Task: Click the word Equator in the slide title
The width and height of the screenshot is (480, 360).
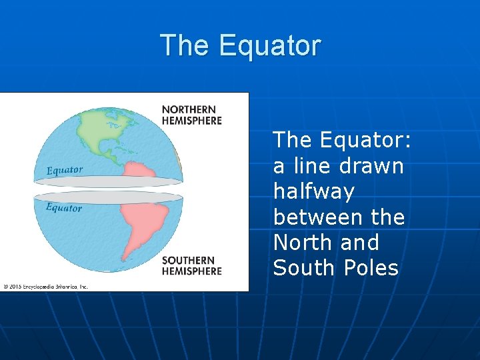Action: pyautogui.click(x=269, y=46)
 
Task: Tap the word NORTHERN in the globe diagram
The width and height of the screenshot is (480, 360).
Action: pyautogui.click(x=189, y=109)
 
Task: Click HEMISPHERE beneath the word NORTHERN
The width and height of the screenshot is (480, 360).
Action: pyautogui.click(x=192, y=121)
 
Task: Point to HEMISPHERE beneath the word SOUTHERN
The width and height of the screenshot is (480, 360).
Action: pyautogui.click(x=192, y=271)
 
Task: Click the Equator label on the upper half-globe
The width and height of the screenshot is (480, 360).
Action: pyautogui.click(x=65, y=170)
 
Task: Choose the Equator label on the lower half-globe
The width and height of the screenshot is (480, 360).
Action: pyautogui.click(x=64, y=207)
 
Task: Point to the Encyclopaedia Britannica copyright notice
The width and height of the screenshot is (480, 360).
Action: pyautogui.click(x=45, y=286)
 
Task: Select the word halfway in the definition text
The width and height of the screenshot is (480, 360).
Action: pyautogui.click(x=313, y=191)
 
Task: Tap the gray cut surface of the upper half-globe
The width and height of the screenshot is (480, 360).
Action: pyautogui.click(x=107, y=181)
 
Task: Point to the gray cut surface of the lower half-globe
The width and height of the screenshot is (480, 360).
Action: pyautogui.click(x=107, y=197)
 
